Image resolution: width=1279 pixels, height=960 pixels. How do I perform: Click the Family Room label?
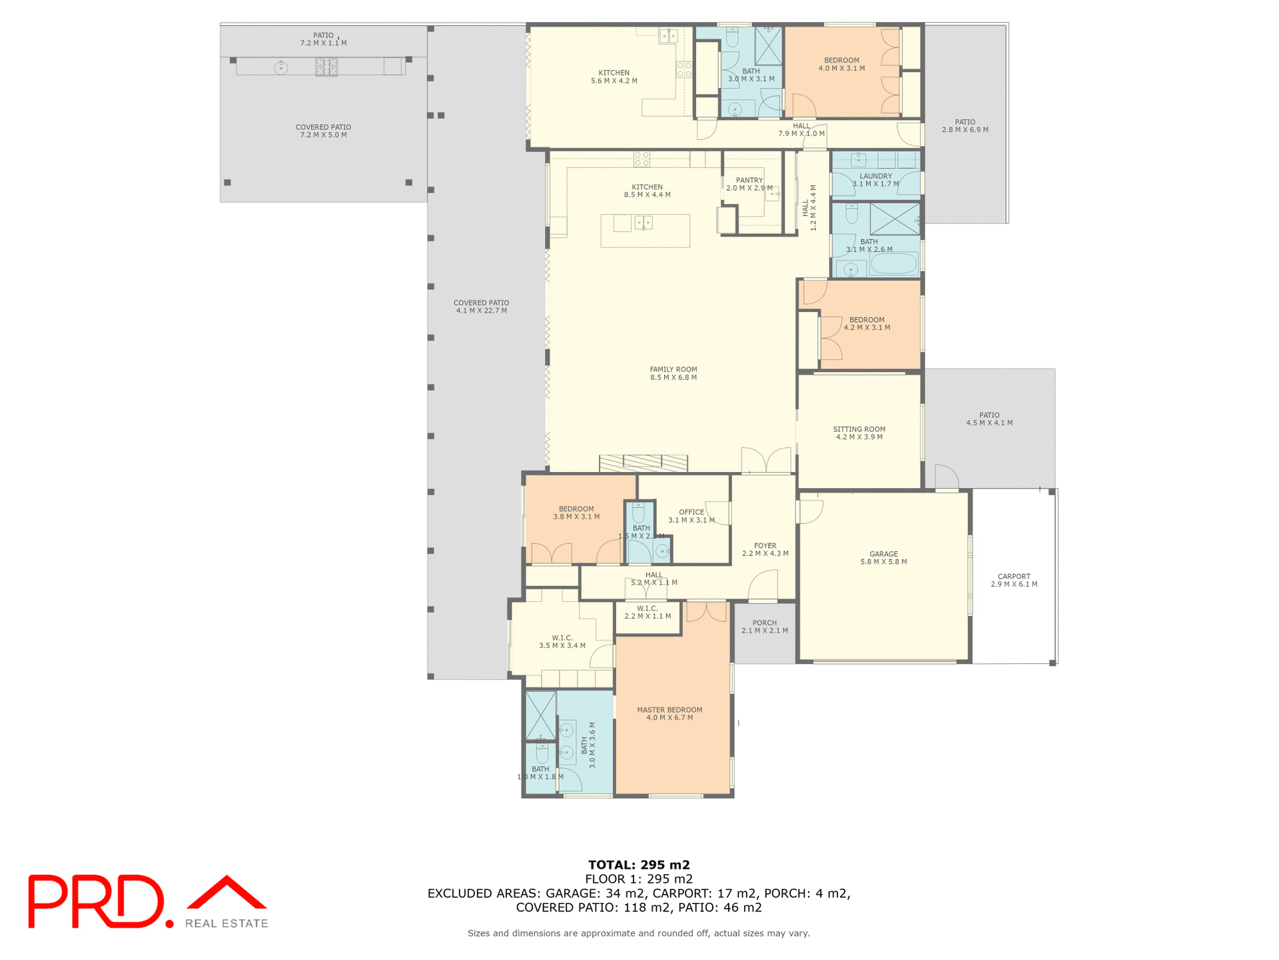tap(673, 373)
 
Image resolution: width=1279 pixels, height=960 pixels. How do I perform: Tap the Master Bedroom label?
tap(669, 713)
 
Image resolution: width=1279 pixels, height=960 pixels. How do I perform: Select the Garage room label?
tap(883, 558)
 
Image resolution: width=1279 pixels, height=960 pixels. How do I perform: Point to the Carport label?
tap(1013, 580)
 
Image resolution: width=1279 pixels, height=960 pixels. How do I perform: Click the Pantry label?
tap(749, 184)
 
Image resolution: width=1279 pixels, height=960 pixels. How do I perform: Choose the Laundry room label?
tap(875, 180)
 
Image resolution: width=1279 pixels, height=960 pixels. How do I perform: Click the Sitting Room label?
tap(859, 433)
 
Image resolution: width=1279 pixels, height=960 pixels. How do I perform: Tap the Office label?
tap(691, 516)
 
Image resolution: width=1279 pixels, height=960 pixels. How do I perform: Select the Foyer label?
tap(765, 549)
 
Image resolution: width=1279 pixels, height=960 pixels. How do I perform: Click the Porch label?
tap(764, 627)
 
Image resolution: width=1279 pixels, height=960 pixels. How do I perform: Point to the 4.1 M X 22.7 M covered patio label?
tap(481, 307)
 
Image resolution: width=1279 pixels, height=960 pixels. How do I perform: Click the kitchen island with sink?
tap(645, 231)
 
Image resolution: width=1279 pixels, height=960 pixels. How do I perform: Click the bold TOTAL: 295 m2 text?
tap(638, 865)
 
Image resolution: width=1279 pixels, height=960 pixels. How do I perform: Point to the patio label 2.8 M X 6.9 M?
tap(965, 126)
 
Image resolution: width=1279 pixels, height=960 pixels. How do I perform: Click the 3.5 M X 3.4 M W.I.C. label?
tap(562, 641)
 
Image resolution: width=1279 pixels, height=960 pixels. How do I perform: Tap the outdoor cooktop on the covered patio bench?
tap(326, 67)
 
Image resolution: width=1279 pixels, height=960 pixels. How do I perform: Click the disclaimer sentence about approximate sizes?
tap(638, 933)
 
